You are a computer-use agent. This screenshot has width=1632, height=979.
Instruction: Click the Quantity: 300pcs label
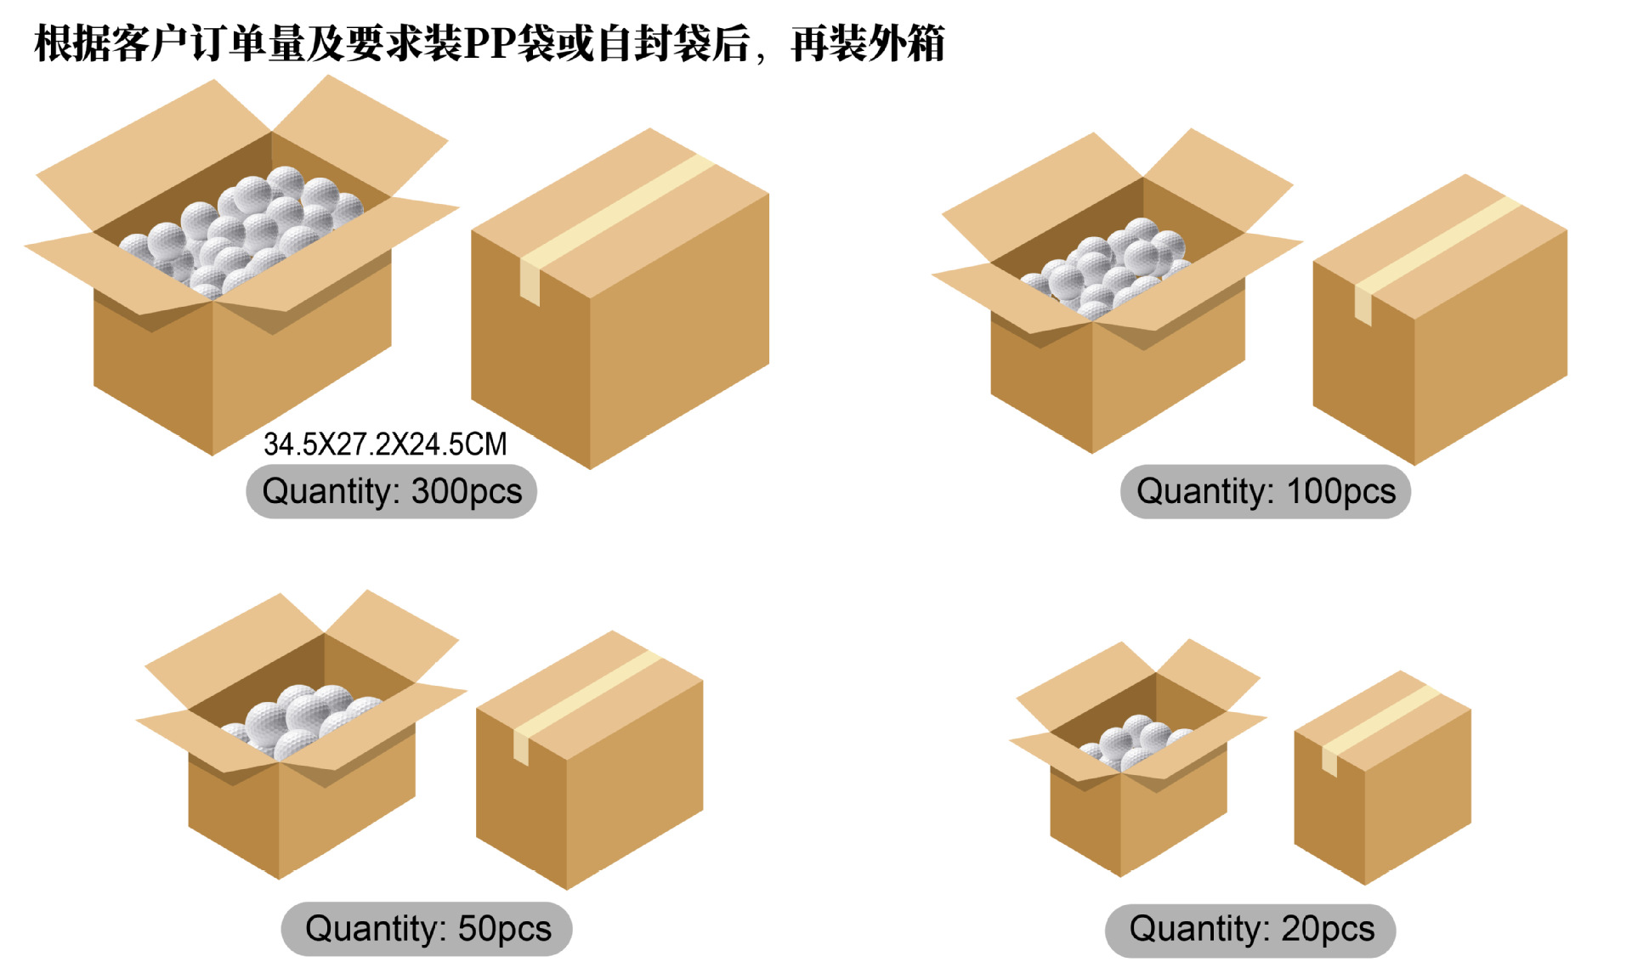(391, 491)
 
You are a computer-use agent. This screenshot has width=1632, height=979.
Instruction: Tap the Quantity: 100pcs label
(1265, 491)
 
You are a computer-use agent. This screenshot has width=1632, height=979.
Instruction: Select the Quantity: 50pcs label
(427, 928)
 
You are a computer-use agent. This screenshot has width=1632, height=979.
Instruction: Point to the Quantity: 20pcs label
(1250, 929)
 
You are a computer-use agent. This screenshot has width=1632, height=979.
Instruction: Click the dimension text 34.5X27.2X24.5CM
(385, 444)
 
